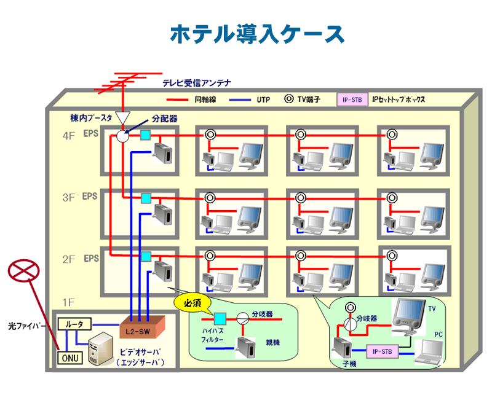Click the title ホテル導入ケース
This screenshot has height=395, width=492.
point(257,34)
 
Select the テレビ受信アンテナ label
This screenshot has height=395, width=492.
point(196,83)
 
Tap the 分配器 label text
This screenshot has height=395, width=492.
point(165,119)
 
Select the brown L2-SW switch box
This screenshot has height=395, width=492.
point(143,327)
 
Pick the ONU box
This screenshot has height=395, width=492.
point(69,357)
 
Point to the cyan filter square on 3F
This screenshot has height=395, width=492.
point(146,198)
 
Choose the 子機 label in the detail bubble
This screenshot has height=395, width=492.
point(350,364)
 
